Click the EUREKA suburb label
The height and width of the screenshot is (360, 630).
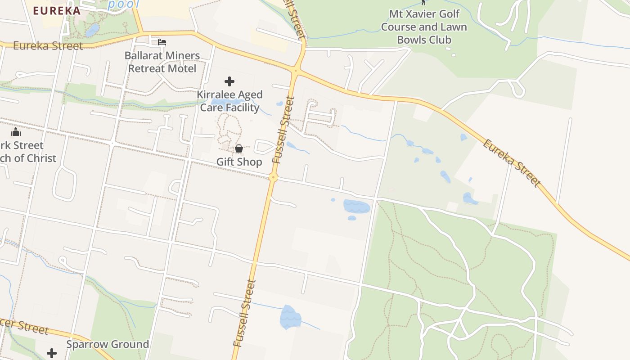(x=57, y=11)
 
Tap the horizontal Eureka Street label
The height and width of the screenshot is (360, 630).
(x=48, y=46)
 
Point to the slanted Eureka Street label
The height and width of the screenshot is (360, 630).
(x=511, y=163)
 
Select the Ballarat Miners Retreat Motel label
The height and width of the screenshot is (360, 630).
(x=162, y=62)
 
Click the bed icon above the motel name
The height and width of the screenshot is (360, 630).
(x=162, y=42)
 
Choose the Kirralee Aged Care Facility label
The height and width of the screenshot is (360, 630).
(x=229, y=101)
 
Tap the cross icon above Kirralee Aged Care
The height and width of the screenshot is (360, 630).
(x=229, y=81)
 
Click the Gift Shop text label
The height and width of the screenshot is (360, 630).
(x=239, y=162)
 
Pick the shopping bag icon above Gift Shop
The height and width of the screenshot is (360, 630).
(x=239, y=148)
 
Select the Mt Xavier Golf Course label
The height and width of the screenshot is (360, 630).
(x=424, y=27)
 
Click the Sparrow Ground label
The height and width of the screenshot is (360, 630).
(x=108, y=344)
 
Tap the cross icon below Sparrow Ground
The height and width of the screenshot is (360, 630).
(x=52, y=353)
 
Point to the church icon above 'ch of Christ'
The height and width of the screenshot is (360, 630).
(x=16, y=132)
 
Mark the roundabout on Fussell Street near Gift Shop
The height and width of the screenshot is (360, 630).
(x=273, y=177)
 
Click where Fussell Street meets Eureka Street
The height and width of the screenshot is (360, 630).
(x=296, y=71)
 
